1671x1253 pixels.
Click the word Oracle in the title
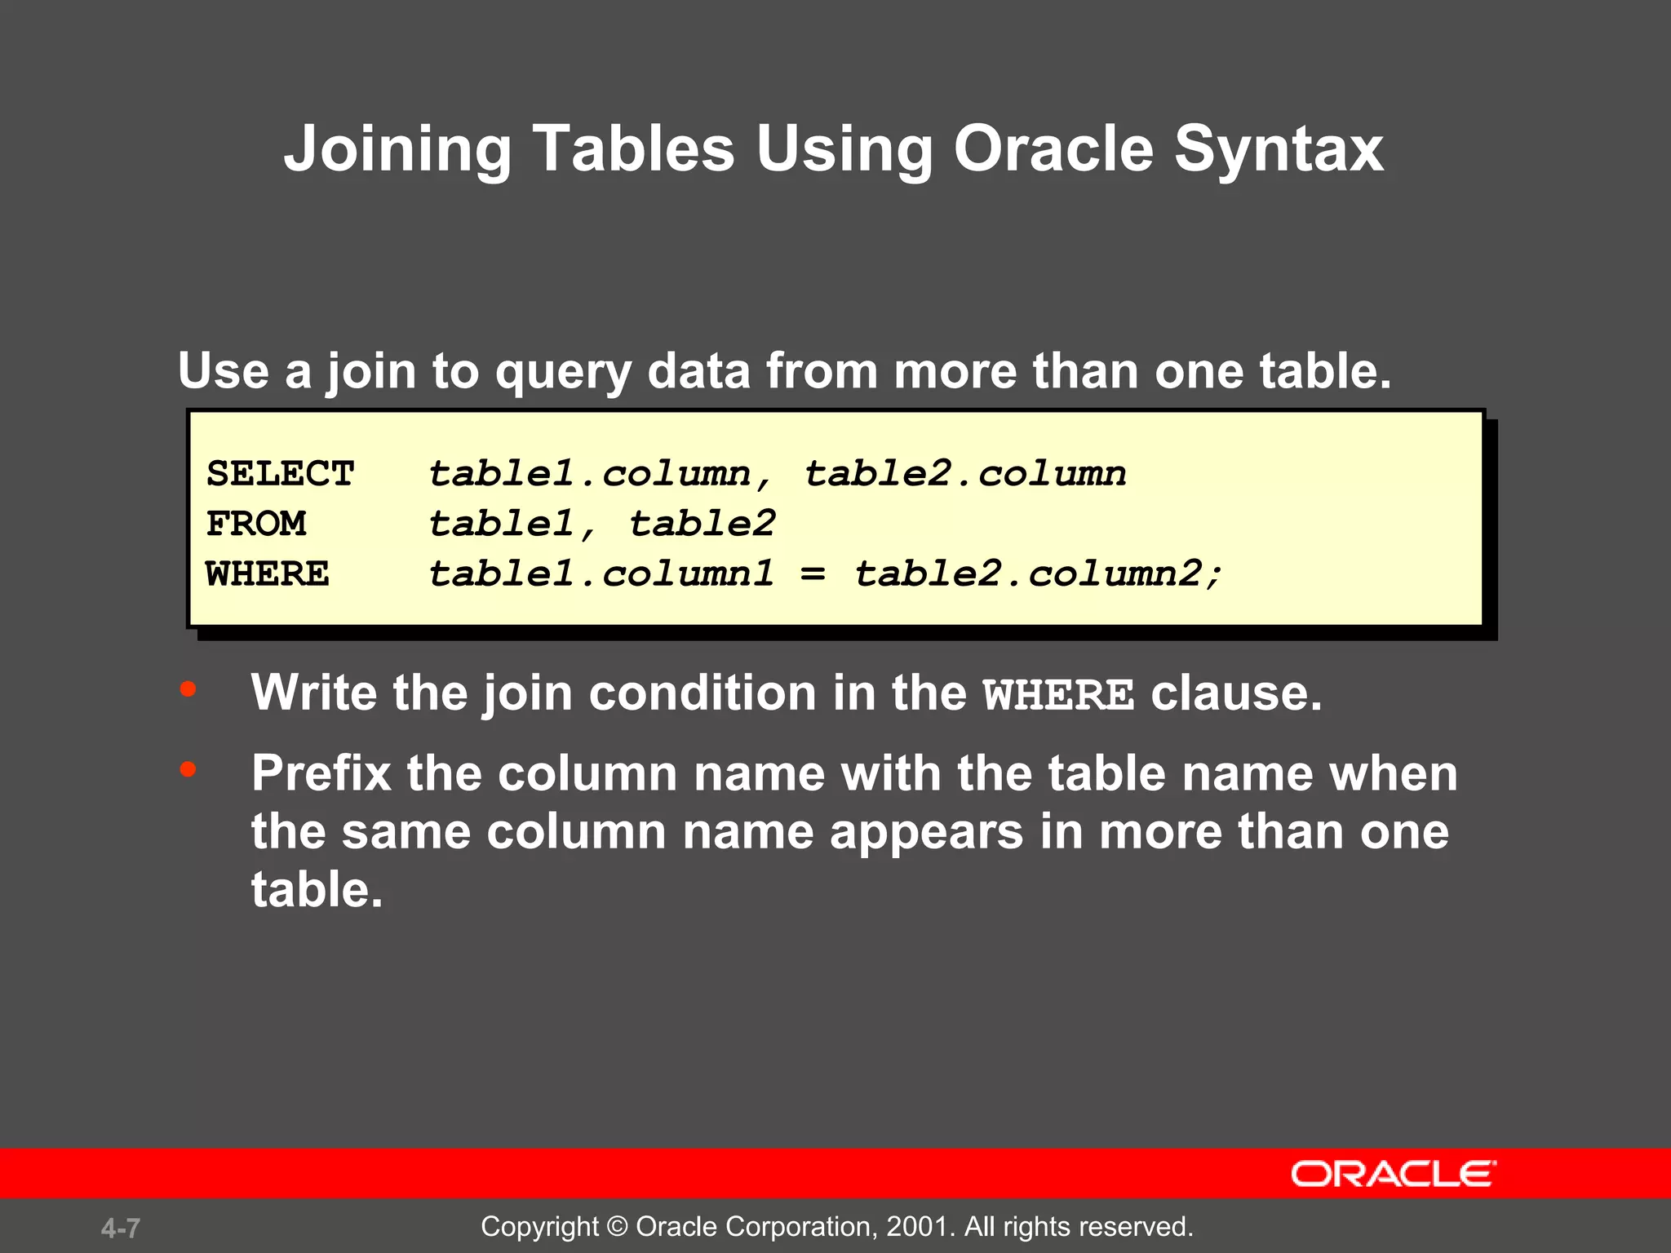click(x=1053, y=149)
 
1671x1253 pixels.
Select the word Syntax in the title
click(x=1279, y=149)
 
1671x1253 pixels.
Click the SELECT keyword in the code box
click(x=280, y=474)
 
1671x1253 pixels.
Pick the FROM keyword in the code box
click(x=256, y=524)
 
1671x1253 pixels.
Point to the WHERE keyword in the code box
click(x=268, y=573)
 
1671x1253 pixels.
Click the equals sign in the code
click(x=813, y=573)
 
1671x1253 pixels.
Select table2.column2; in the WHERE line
click(x=1039, y=573)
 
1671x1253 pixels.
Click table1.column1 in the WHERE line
click(x=601, y=573)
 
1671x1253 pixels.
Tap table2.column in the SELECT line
click(x=965, y=474)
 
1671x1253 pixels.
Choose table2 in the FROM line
click(x=702, y=524)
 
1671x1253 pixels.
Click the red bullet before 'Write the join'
click(x=188, y=689)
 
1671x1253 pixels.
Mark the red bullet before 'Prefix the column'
click(x=188, y=769)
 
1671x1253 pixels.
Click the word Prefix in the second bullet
click(x=321, y=773)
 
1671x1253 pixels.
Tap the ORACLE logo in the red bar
click(x=1393, y=1174)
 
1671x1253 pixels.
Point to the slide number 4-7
click(x=121, y=1228)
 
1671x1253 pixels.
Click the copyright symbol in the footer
click(x=618, y=1227)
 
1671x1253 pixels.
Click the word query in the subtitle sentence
click(x=563, y=372)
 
